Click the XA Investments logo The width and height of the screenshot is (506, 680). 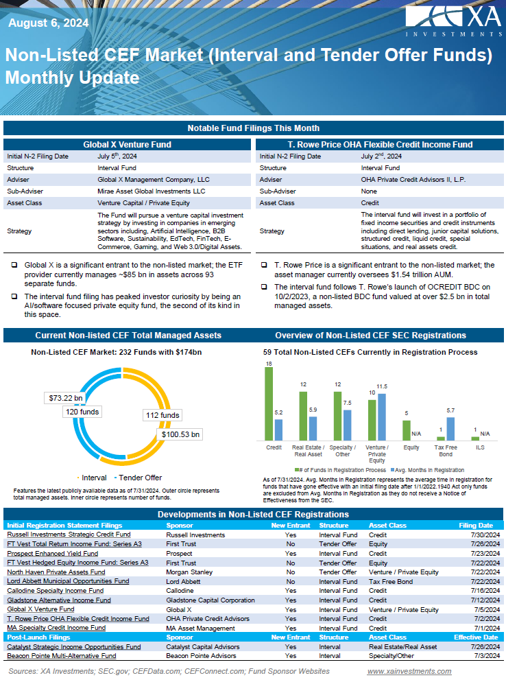pos(452,22)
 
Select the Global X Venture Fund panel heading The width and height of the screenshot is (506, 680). pos(127,145)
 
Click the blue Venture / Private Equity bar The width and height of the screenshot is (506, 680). pos(382,417)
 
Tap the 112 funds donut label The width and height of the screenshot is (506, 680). pos(162,415)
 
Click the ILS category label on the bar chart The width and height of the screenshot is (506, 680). pos(475,447)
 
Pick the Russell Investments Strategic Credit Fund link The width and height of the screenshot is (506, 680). pos(69,535)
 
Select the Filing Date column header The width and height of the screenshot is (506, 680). pos(475,526)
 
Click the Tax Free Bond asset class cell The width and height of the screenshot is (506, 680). pos(391,581)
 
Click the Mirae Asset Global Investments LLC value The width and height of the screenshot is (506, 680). pos(151,191)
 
